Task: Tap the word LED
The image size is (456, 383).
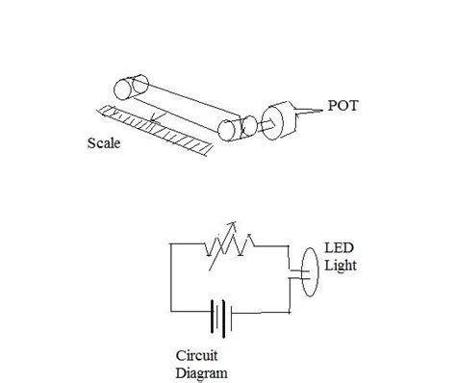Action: point(338,249)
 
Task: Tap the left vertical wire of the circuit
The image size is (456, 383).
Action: point(170,279)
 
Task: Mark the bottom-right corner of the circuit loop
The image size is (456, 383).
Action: point(288,314)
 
